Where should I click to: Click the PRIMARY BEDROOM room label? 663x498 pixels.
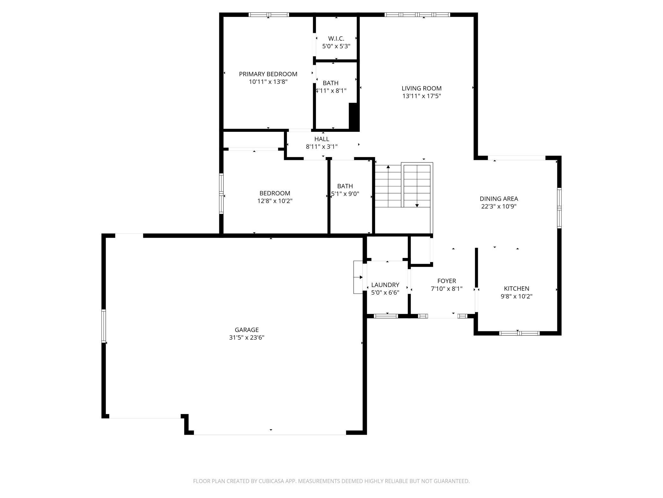268,74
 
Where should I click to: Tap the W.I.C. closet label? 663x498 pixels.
336,39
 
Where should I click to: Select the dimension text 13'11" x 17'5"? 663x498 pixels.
421,96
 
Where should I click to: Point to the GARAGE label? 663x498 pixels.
246,330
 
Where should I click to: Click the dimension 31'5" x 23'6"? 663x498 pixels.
246,338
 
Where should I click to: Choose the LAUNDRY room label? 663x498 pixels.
385,285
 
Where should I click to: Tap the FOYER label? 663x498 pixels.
446,281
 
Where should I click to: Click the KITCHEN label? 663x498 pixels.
516,289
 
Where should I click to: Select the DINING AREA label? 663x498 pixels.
499,199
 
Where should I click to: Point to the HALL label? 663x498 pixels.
322,139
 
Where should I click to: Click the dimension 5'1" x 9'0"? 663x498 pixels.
345,194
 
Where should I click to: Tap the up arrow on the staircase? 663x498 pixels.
388,167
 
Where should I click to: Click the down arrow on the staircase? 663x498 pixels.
417,205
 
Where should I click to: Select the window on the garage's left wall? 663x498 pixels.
104,326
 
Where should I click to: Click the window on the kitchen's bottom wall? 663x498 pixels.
519,333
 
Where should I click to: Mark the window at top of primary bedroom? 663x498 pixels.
268,15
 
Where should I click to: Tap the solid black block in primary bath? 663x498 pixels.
354,117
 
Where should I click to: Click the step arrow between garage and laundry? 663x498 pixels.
358,277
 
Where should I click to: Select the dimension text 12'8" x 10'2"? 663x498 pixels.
275,201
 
